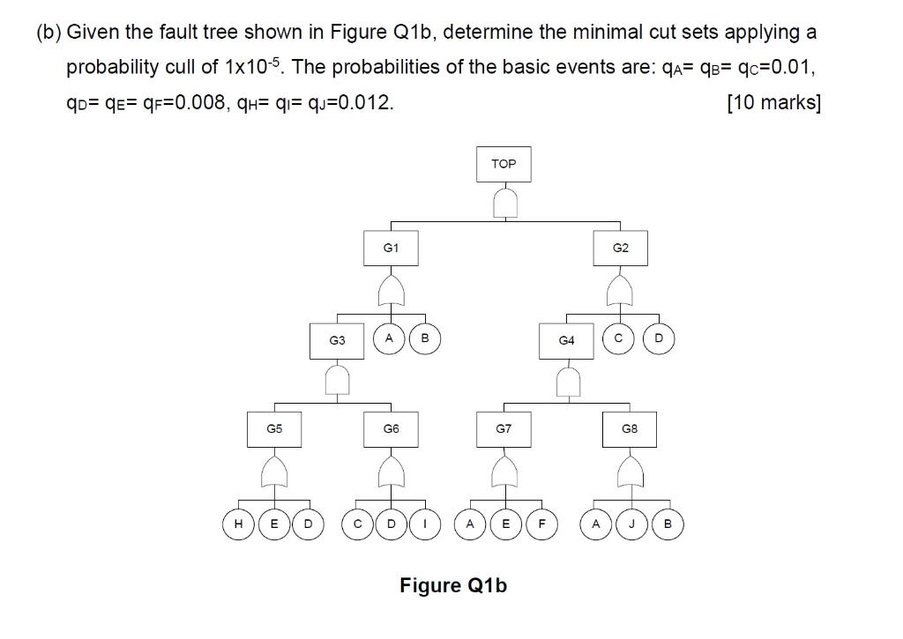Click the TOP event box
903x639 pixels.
coord(504,164)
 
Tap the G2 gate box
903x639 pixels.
coord(620,249)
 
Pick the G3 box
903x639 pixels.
coord(336,339)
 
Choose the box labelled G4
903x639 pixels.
coord(566,339)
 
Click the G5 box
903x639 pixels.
coord(274,429)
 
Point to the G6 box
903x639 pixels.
coord(391,429)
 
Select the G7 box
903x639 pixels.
coord(504,429)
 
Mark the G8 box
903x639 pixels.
coord(630,429)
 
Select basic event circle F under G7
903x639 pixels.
coord(541,523)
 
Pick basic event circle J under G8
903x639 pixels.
coord(631,523)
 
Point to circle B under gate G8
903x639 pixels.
coord(667,523)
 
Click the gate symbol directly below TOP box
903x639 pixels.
coord(504,204)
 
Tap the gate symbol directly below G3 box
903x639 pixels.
coord(336,380)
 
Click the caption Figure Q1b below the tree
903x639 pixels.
coord(453,585)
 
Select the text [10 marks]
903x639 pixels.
coord(773,103)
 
